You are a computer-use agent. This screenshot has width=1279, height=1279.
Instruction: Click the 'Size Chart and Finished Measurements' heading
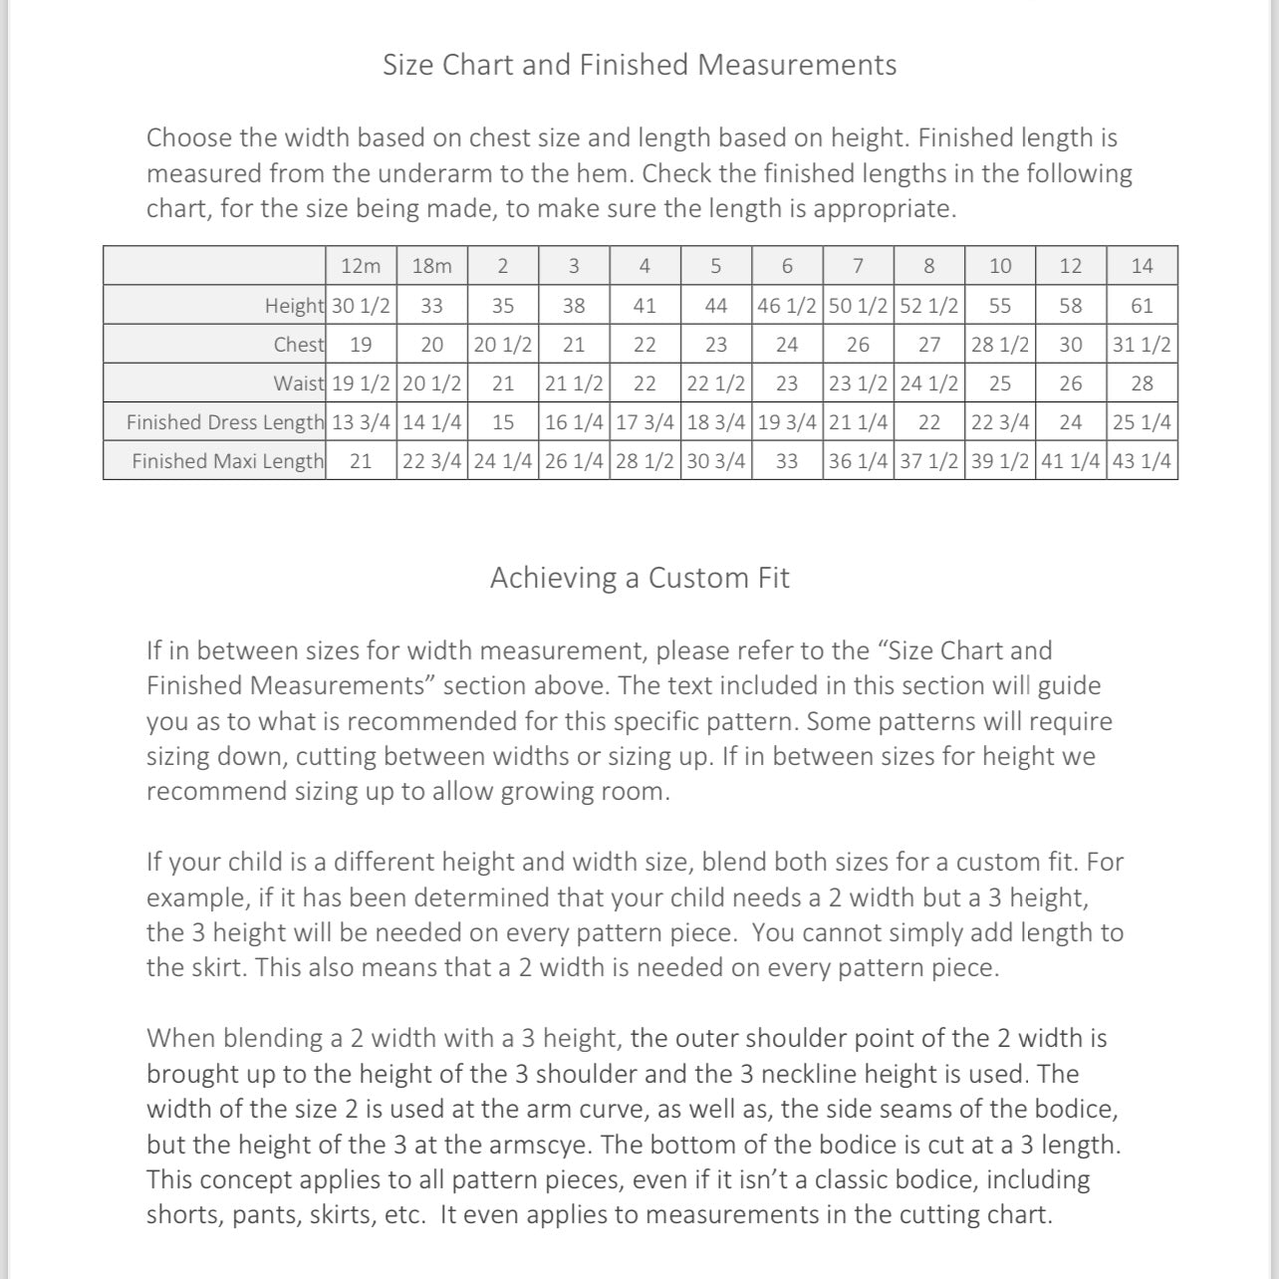(639, 65)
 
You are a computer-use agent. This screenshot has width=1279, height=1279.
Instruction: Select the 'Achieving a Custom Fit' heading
(639, 578)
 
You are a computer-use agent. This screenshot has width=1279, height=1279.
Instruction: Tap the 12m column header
(361, 266)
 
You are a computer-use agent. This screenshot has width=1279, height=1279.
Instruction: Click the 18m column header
(431, 266)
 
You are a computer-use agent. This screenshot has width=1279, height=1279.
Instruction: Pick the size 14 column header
(1142, 266)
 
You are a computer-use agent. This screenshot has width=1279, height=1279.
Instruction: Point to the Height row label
(294, 306)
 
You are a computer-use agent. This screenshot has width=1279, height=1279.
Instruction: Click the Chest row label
(299, 345)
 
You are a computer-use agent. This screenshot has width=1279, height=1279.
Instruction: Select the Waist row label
(299, 384)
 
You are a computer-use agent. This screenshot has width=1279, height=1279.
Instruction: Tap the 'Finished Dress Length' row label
(225, 422)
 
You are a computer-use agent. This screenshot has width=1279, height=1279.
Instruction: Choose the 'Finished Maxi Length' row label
(227, 461)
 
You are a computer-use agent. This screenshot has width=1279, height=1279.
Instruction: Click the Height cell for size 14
(1142, 306)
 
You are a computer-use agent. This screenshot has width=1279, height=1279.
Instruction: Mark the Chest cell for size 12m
(361, 345)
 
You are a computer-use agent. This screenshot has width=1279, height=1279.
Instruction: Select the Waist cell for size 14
(1142, 384)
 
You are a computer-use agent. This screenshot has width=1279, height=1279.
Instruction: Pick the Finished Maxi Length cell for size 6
(787, 461)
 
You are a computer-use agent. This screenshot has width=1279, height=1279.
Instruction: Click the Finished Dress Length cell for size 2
(503, 422)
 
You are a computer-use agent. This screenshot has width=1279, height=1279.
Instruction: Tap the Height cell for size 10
(1000, 306)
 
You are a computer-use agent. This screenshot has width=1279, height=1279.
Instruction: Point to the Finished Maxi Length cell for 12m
(361, 461)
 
